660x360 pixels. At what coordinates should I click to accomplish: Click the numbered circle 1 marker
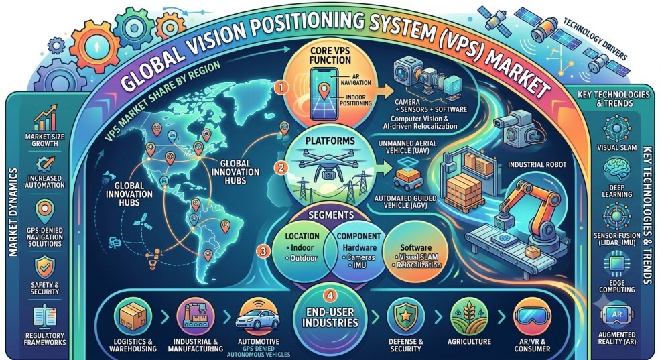pyautogui.click(x=281, y=88)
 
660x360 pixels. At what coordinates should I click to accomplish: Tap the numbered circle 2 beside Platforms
pyautogui.click(x=281, y=168)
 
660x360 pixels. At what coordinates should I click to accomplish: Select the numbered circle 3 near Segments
pyautogui.click(x=263, y=251)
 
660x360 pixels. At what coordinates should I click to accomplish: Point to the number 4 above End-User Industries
pyautogui.click(x=330, y=296)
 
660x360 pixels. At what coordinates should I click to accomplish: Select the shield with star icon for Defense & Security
pyautogui.click(x=405, y=317)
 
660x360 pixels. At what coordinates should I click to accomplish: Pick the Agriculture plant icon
pyautogui.click(x=469, y=316)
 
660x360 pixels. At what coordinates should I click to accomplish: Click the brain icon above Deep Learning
pyautogui.click(x=616, y=169)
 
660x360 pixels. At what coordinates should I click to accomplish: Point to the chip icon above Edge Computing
pyautogui.click(x=616, y=264)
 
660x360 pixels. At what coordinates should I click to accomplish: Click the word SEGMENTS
pyautogui.click(x=331, y=215)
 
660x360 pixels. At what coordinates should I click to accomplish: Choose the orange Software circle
pyautogui.click(x=415, y=256)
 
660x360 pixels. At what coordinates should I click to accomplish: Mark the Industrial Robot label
pyautogui.click(x=537, y=164)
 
